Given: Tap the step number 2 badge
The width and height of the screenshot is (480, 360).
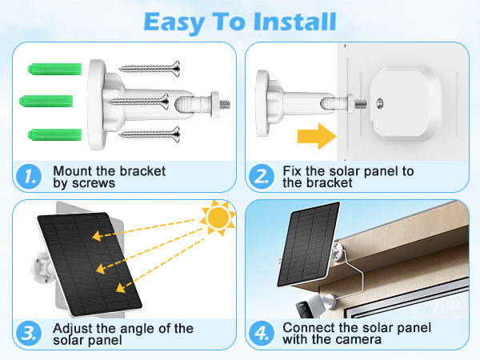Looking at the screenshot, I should point(260,178).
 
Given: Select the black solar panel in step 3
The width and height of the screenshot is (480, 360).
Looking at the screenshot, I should point(90,264).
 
